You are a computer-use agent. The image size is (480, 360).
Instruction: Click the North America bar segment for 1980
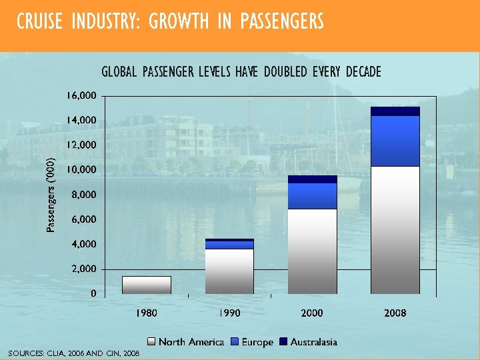coord(147,285)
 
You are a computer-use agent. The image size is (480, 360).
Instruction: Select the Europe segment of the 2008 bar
coord(395,141)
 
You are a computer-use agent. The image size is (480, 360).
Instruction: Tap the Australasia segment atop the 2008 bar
coord(395,111)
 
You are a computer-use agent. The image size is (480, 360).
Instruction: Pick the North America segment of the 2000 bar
coord(312,251)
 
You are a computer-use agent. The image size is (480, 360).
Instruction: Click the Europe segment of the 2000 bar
coord(312,196)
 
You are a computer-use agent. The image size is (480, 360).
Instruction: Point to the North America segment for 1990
coord(229,271)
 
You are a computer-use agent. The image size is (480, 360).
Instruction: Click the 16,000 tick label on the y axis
coord(81,95)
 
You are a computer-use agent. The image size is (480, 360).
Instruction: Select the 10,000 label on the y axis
coord(81,170)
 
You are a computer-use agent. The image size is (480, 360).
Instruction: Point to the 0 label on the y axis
coord(93,293)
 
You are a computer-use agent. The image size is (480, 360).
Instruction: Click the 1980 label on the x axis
coord(147,313)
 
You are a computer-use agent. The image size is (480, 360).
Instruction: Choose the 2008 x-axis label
coord(395,313)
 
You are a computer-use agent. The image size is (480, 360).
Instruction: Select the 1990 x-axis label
coord(229,313)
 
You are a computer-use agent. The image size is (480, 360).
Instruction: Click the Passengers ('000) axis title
coord(51,195)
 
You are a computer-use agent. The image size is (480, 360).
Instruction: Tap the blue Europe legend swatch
coord(234,342)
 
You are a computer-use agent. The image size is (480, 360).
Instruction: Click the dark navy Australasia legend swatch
coord(283,342)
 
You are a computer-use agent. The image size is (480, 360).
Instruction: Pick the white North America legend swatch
coord(151,342)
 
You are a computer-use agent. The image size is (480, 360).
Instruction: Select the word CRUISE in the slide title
coord(38,22)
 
